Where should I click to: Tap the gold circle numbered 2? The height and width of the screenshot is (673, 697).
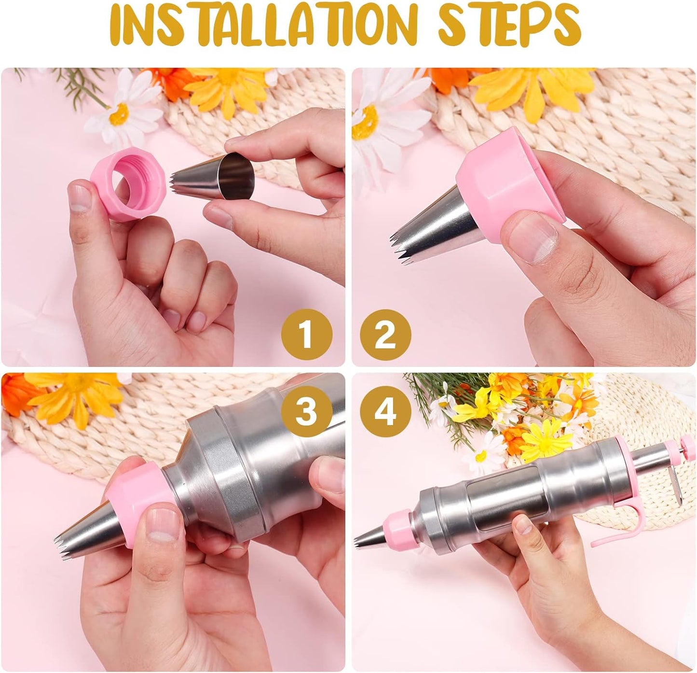(385, 335)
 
